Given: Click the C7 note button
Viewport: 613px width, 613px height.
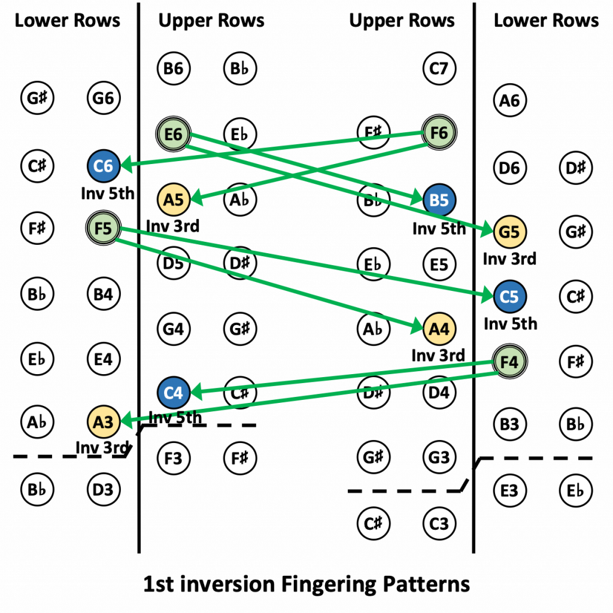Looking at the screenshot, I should coord(439,69).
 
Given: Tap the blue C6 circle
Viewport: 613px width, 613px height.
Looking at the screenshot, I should coord(104,166).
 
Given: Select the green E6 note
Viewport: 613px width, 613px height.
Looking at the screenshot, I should coord(174,134).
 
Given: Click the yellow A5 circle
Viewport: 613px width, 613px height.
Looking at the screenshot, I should coord(174,199).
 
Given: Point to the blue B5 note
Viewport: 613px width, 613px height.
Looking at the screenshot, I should coord(439,200).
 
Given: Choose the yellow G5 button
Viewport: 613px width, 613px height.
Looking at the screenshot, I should coord(509,232).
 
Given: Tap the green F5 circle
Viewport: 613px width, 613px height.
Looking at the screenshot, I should coord(104,228).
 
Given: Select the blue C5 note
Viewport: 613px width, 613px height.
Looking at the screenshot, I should coord(509,296).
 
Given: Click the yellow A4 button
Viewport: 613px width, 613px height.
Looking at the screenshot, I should coord(439,329).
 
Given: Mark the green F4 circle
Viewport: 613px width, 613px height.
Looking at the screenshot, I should coord(509,362).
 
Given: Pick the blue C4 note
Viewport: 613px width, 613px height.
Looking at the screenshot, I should coord(174,393).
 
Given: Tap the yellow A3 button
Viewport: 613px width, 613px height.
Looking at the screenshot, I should coord(104,422).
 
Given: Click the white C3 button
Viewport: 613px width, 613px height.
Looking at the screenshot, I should coord(439,524).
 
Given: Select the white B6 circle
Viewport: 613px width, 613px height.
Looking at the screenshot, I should coord(174,69).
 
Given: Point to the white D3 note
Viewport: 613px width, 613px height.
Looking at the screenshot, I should coord(104,490).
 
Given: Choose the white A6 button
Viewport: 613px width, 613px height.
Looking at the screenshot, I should coord(509,101).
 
